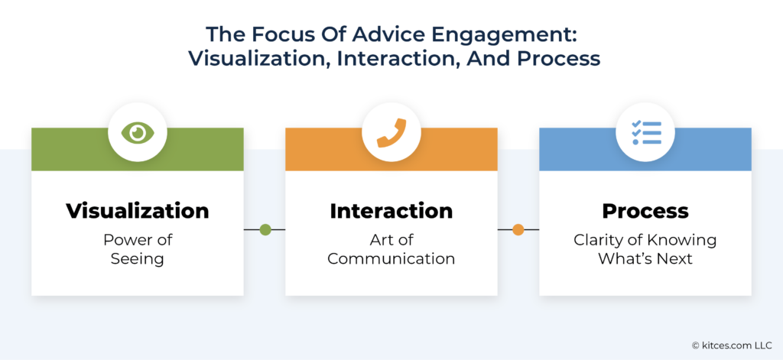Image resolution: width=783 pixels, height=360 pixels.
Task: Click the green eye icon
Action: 138,133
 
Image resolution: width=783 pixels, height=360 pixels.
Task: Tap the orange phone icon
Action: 391,133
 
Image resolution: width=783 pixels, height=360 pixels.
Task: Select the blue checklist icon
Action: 645,133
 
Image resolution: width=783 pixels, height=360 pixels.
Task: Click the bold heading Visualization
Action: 138,210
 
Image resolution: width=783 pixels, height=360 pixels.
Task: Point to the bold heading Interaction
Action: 391,210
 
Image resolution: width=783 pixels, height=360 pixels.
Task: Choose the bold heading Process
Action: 645,210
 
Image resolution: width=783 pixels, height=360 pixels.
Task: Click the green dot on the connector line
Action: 265,229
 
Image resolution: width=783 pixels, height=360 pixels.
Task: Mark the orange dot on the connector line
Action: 518,229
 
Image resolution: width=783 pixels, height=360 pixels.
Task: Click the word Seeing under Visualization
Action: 138,258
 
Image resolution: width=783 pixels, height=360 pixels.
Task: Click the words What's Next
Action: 645,258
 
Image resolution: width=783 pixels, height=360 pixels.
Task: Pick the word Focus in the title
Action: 275,34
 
